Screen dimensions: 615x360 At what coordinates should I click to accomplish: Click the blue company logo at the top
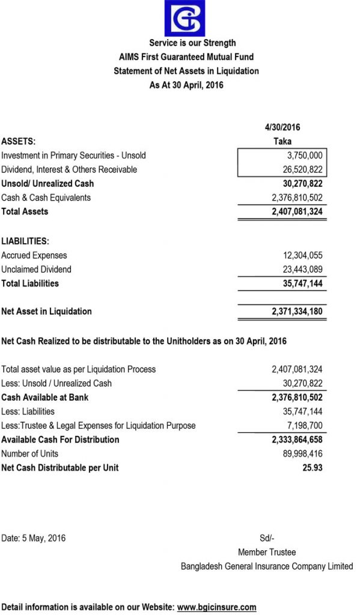[186, 18]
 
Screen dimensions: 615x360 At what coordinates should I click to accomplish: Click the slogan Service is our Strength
[192, 43]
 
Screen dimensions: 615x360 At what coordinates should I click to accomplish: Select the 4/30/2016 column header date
[282, 127]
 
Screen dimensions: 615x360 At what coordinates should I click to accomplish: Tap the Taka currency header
[282, 141]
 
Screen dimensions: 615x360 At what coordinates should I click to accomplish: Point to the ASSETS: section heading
[19, 141]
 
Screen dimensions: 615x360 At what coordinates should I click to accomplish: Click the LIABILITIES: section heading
[25, 241]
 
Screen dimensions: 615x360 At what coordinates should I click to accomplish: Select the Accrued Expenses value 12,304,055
[299, 255]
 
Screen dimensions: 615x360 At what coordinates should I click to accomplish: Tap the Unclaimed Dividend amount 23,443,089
[299, 269]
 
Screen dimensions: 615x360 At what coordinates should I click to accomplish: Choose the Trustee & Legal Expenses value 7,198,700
[302, 425]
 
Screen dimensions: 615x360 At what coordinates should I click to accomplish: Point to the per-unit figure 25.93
[312, 467]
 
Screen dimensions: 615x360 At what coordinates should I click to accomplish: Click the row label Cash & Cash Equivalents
[46, 198]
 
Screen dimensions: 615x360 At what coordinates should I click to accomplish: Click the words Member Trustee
[267, 552]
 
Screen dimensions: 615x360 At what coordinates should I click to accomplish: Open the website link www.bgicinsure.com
[217, 607]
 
